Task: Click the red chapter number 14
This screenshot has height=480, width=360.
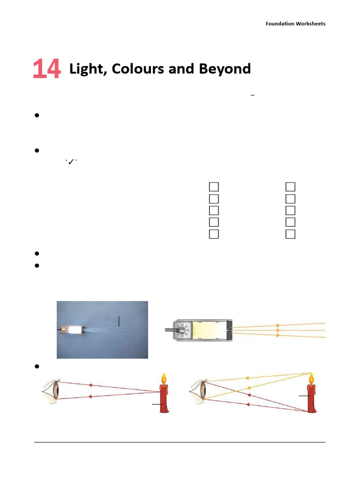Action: tap(46, 69)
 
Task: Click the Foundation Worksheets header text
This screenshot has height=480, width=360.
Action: tap(295, 23)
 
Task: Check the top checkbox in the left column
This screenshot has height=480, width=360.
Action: tap(214, 187)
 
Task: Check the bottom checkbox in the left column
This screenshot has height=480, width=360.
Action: tap(214, 234)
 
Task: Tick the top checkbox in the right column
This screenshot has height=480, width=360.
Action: tap(290, 187)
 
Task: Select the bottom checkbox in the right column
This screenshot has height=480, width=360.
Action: tap(290, 234)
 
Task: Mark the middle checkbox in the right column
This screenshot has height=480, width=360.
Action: tap(290, 210)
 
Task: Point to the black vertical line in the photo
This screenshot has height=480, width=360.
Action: tap(119, 321)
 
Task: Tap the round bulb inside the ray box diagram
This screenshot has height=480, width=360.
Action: tap(180, 330)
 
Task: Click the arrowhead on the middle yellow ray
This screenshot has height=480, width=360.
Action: tap(278, 330)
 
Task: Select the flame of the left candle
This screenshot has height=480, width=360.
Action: tap(164, 378)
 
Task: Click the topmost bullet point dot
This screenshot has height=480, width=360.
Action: tap(36, 116)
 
